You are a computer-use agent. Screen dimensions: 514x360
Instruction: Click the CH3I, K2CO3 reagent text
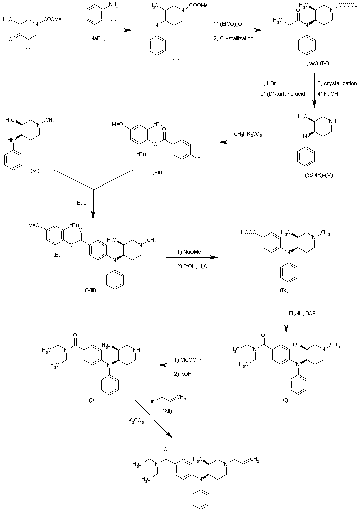(248, 133)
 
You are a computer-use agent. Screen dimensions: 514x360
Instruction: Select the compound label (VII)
(161, 172)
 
